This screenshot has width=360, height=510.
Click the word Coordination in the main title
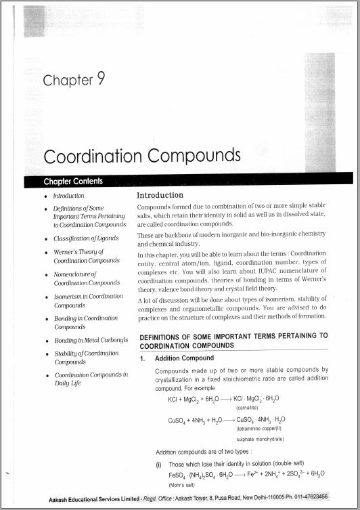click(x=93, y=156)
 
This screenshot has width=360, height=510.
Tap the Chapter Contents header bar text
click(x=73, y=181)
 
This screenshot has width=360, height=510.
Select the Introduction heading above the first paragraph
click(x=160, y=195)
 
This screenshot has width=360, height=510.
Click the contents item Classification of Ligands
click(x=86, y=238)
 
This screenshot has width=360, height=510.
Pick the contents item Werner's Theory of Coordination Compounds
click(x=87, y=256)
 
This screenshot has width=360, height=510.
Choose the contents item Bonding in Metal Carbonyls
click(x=91, y=340)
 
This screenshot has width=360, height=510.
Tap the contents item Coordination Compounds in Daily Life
click(x=91, y=379)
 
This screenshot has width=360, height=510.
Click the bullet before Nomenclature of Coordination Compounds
click(x=45, y=274)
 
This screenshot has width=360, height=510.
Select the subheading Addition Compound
click(x=184, y=358)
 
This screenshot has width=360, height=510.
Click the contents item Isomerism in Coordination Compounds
click(x=88, y=301)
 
